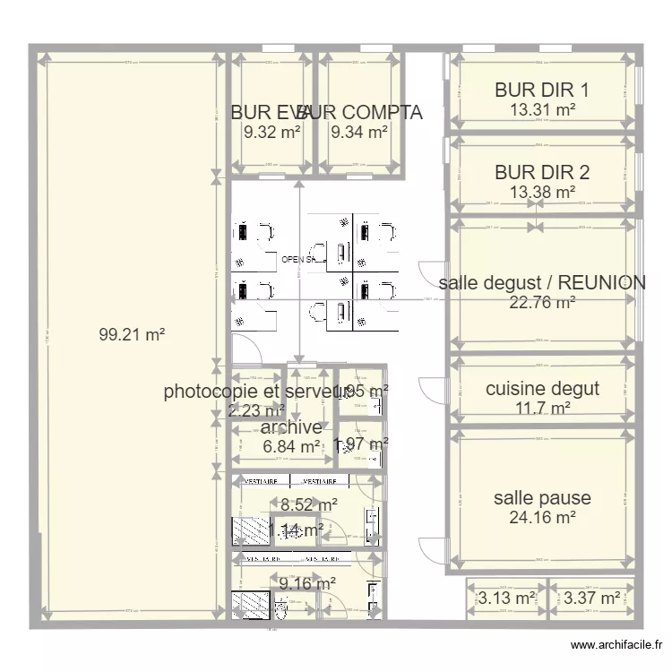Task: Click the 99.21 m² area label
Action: [132, 335]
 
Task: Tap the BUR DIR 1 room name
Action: [542, 90]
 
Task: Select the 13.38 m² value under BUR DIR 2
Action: [542, 192]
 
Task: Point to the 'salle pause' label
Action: [542, 497]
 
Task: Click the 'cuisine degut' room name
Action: [542, 389]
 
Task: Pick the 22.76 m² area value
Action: [542, 303]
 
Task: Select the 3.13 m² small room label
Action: [506, 598]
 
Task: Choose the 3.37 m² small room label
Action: [592, 598]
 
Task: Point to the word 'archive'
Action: [291, 427]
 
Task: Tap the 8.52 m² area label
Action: [308, 505]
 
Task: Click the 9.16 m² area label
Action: [307, 583]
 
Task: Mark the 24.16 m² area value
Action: [542, 517]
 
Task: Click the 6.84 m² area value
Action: [291, 446]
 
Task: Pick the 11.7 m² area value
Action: [542, 409]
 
